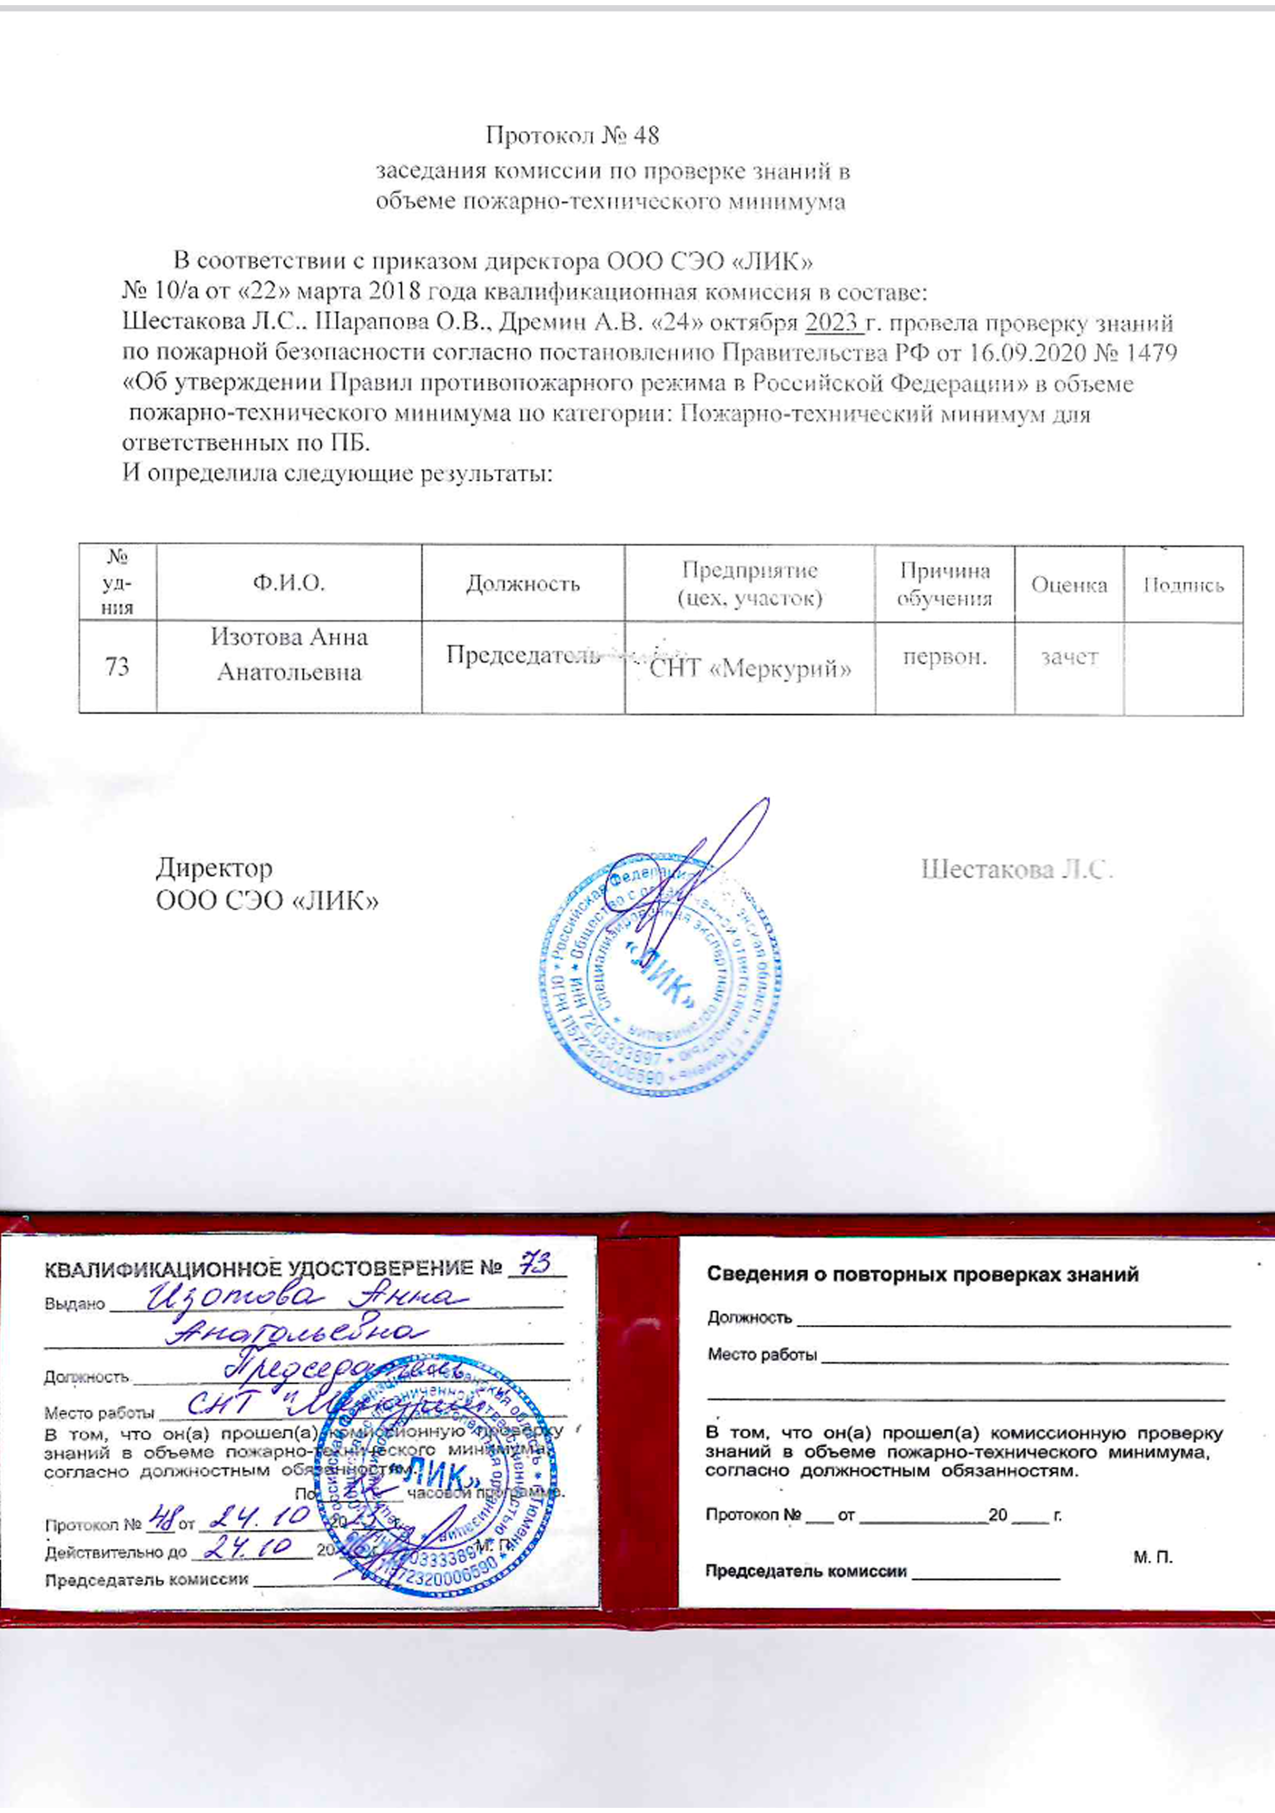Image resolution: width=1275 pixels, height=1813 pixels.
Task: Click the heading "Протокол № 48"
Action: [572, 136]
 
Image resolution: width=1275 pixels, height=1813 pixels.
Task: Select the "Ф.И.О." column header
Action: [288, 584]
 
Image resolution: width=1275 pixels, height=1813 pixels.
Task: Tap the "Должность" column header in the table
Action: [522, 584]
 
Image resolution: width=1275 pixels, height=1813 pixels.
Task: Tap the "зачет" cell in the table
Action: [1069, 657]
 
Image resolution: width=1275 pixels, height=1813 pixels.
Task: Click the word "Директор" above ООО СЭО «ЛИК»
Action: [214, 868]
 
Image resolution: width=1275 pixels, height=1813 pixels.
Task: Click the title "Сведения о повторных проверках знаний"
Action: [922, 1274]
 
